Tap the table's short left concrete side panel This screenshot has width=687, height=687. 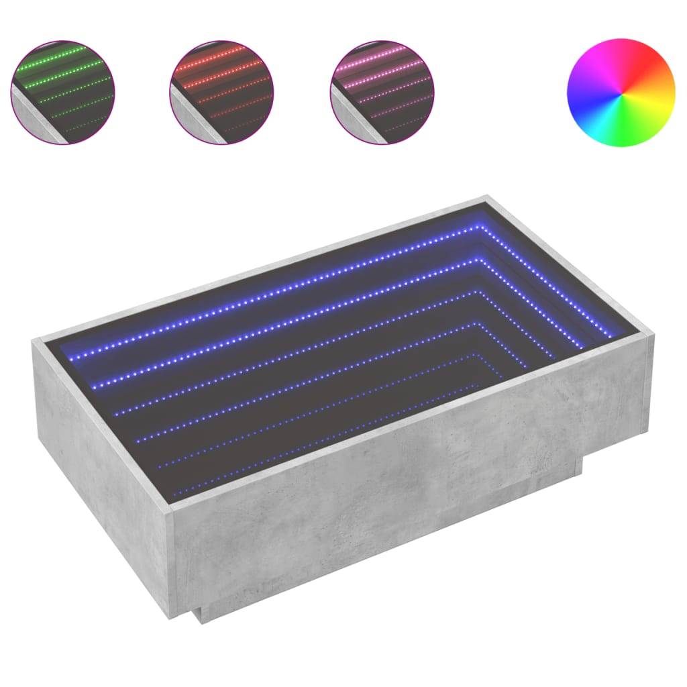pos(101,470)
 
